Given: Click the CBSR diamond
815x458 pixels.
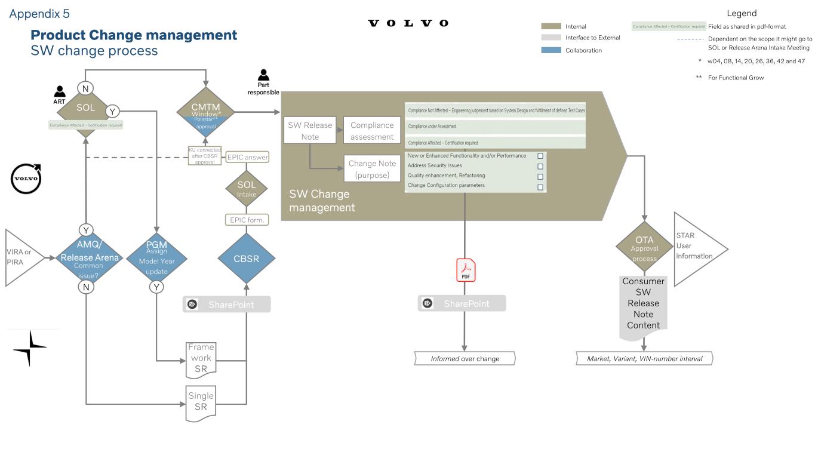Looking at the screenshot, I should pyautogui.click(x=247, y=259).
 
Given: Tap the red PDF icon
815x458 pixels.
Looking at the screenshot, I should pyautogui.click(x=466, y=271).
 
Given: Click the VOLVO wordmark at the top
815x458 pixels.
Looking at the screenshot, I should pyautogui.click(x=408, y=23).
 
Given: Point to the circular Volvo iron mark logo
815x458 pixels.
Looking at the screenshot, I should pyautogui.click(x=26, y=179).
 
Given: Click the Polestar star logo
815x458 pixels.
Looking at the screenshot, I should pyautogui.click(x=29, y=348).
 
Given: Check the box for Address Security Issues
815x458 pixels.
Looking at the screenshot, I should pyautogui.click(x=540, y=167).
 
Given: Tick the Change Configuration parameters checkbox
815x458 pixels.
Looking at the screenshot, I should pyautogui.click(x=540, y=187).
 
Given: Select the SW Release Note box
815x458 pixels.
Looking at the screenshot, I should pyautogui.click(x=310, y=131).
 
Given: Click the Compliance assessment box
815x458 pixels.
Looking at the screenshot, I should pyautogui.click(x=372, y=131).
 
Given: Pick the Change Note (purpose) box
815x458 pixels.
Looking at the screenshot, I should pyautogui.click(x=372, y=169).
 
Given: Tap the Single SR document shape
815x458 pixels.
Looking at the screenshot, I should pyautogui.click(x=201, y=402).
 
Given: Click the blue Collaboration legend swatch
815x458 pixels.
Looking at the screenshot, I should pyautogui.click(x=551, y=50).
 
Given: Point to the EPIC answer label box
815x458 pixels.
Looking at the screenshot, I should pyautogui.click(x=247, y=157).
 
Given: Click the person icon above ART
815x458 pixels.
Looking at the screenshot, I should pyautogui.click(x=60, y=91).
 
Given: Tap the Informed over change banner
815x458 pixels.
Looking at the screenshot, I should pyautogui.click(x=465, y=359).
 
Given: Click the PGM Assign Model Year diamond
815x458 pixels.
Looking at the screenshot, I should pyautogui.click(x=156, y=258).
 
